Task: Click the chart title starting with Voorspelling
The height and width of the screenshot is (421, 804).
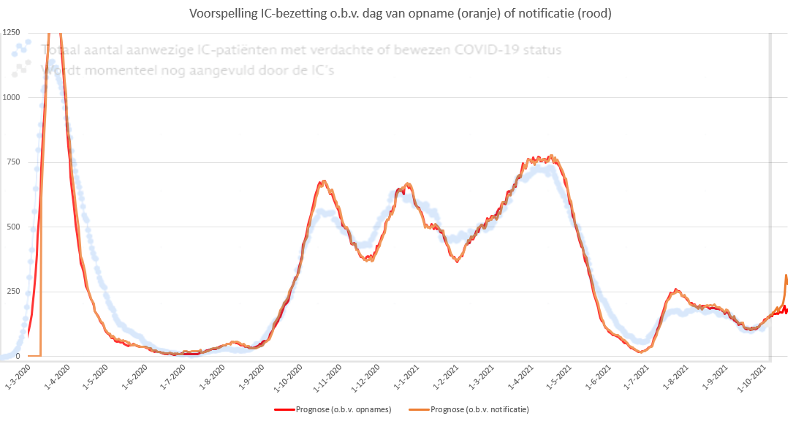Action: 401,12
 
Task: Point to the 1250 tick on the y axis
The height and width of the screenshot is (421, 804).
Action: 11,33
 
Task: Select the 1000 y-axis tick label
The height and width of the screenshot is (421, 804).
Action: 11,97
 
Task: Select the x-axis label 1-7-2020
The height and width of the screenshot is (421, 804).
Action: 173,372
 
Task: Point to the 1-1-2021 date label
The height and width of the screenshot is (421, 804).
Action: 406,372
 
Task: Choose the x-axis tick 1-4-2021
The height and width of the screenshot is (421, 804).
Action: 520,372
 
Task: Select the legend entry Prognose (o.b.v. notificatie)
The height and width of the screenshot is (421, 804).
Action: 480,409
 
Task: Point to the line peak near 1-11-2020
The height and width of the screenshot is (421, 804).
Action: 322,181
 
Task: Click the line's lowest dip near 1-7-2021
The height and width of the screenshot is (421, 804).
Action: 641,352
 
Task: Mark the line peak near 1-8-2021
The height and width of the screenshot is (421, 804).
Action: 676,289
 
